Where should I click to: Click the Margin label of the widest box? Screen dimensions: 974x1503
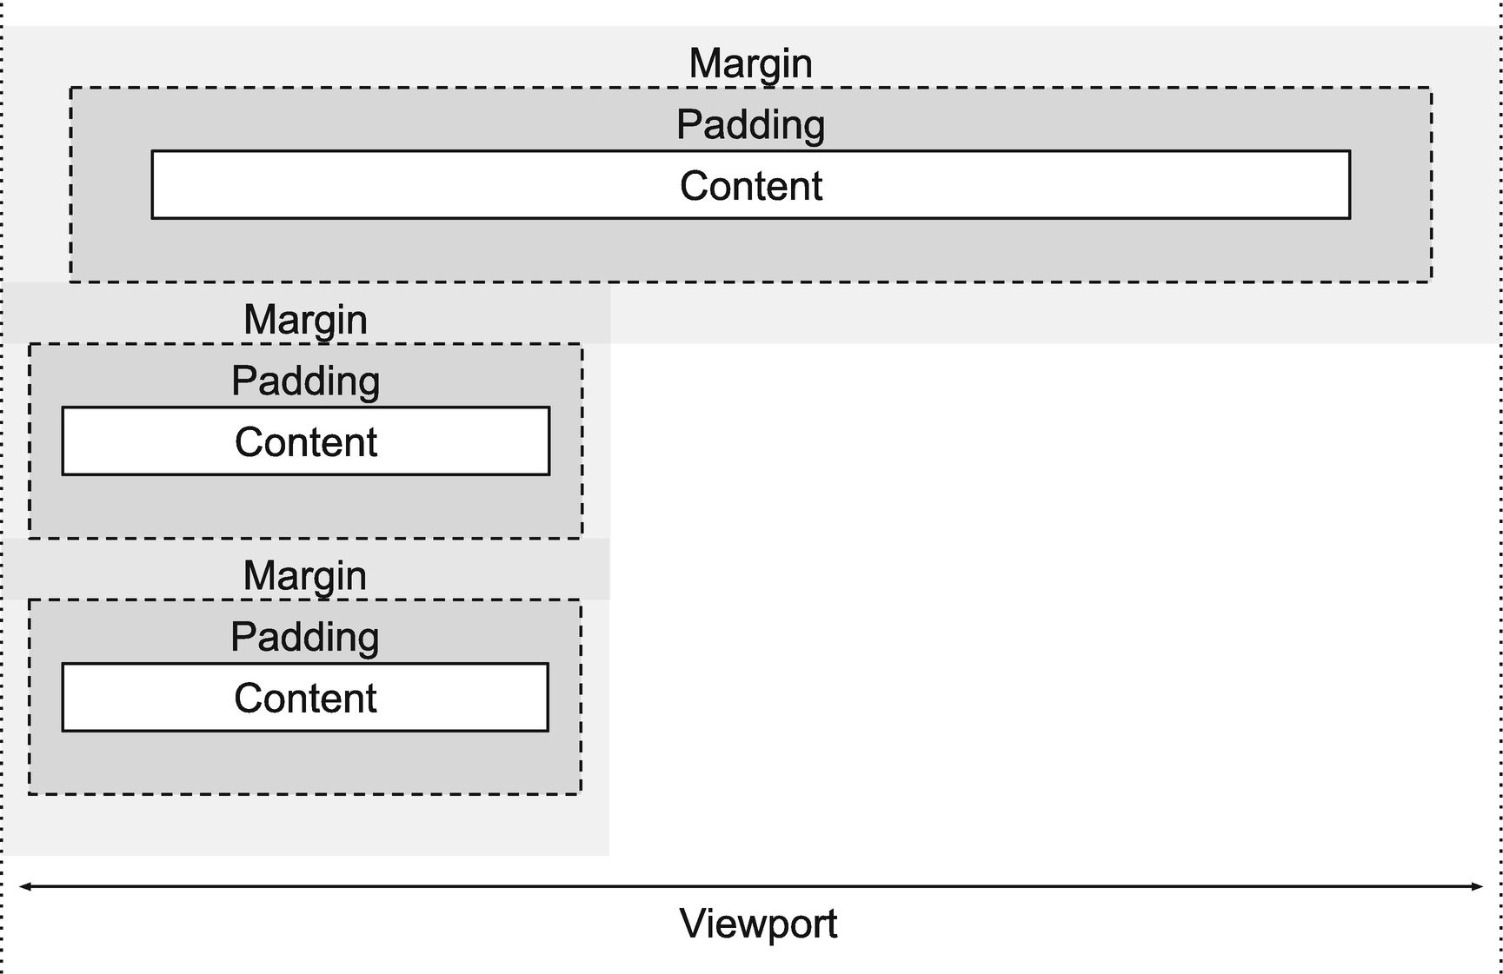click(x=750, y=63)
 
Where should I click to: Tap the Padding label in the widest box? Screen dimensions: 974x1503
click(x=750, y=124)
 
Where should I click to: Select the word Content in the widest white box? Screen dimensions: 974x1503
click(x=750, y=186)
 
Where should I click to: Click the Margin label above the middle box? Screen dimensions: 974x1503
click(x=305, y=320)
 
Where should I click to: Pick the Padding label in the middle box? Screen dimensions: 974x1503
click(x=305, y=381)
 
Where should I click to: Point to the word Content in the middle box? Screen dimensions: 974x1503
click(x=305, y=442)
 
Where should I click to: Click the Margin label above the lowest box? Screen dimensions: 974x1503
click(x=304, y=576)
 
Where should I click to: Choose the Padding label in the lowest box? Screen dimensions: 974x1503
click(x=304, y=637)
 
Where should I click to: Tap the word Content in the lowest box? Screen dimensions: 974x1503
click(x=304, y=699)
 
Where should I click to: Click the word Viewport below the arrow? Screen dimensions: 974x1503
click(x=758, y=924)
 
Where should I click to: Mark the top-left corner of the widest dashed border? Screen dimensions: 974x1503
click(x=70, y=88)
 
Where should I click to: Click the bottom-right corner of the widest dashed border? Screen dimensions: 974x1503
click(x=1431, y=281)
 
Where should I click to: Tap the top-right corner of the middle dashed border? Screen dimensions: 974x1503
click(x=582, y=344)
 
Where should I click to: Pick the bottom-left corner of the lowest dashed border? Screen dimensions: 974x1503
click(x=30, y=793)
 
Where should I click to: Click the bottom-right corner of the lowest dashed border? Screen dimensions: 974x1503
click(x=581, y=793)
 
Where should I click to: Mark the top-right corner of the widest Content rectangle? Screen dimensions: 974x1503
click(x=1350, y=152)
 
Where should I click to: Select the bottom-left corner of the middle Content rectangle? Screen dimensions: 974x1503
click(x=63, y=474)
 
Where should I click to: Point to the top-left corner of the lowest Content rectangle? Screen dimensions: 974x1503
click(x=63, y=665)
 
